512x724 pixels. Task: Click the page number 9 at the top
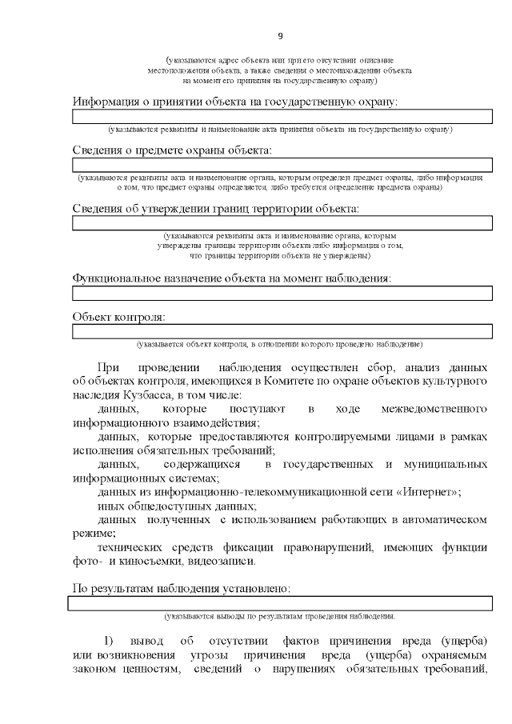coord(280,35)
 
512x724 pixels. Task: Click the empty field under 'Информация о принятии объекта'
coord(282,118)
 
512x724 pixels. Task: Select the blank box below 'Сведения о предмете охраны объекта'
coord(282,165)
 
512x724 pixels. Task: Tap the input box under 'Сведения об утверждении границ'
coord(282,223)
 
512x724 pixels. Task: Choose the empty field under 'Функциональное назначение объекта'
coord(282,293)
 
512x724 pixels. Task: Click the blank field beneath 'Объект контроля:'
coord(282,331)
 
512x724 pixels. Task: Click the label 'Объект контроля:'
coord(119,317)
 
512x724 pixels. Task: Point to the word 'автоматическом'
coord(439,519)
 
